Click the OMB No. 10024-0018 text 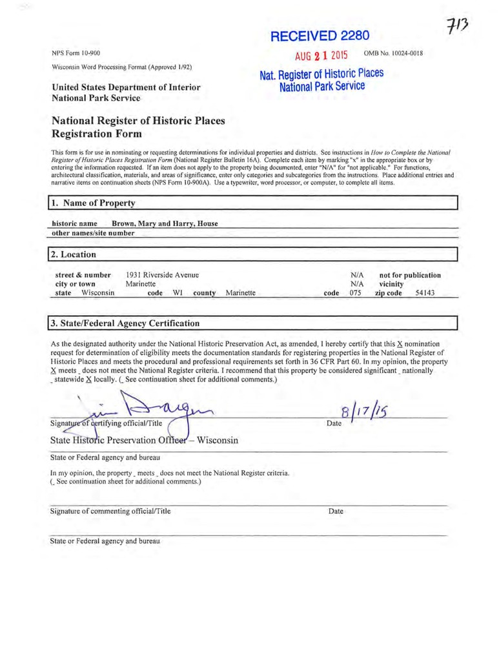[x=394, y=52]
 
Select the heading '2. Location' [x=75, y=254]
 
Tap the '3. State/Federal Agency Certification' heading [x=127, y=322]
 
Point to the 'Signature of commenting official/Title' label [x=110, y=511]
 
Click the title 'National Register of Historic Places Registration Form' [x=134, y=127]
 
